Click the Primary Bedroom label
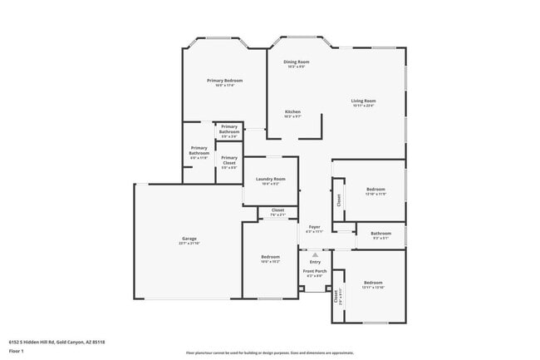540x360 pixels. [224, 80]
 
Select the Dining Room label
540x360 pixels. [297, 62]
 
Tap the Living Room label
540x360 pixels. [363, 101]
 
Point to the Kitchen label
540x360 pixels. [292, 111]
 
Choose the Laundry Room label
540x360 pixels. [271, 179]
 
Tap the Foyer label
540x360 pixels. [315, 227]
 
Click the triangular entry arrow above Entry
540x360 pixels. [315, 254]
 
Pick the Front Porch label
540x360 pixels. [315, 271]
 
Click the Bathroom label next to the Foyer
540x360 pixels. [380, 233]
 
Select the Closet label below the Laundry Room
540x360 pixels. [278, 210]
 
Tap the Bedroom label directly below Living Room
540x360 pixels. [376, 189]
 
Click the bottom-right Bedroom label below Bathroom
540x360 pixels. [373, 283]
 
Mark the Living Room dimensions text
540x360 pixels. [363, 106]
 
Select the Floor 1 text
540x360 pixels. [17, 352]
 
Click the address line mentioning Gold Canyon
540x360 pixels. [56, 341]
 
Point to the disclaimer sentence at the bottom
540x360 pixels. [269, 353]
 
